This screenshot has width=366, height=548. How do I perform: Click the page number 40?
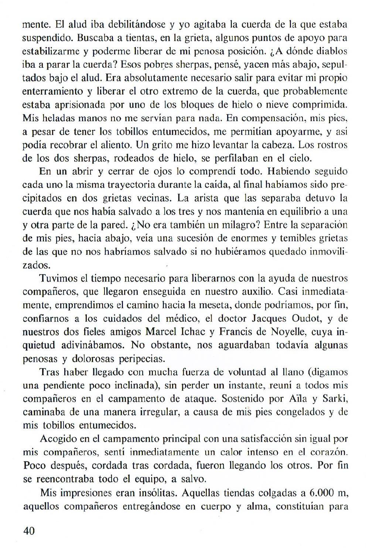click(x=29, y=531)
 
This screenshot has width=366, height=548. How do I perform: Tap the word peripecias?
click(x=147, y=358)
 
